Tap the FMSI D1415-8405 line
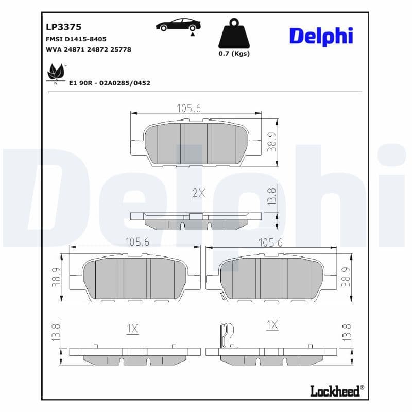click(76, 39)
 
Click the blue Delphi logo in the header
click(321, 36)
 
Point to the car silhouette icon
click(178, 25)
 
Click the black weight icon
click(234, 34)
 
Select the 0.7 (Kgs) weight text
click(234, 54)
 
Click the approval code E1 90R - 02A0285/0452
click(110, 83)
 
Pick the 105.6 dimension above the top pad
click(188, 108)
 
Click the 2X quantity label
click(198, 193)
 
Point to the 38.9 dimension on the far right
click(345, 277)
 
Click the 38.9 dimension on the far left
click(57, 277)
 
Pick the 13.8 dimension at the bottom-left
click(57, 332)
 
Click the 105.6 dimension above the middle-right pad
click(270, 243)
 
